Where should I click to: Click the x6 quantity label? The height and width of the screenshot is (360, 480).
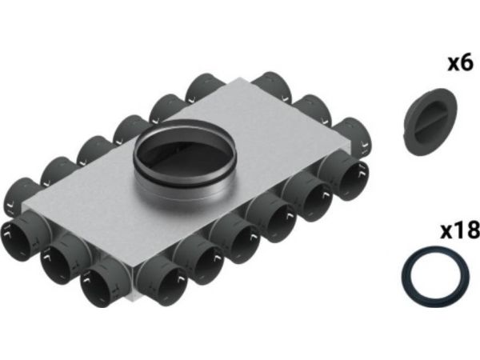point(461,64)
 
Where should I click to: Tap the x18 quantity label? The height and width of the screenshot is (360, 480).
point(460,230)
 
